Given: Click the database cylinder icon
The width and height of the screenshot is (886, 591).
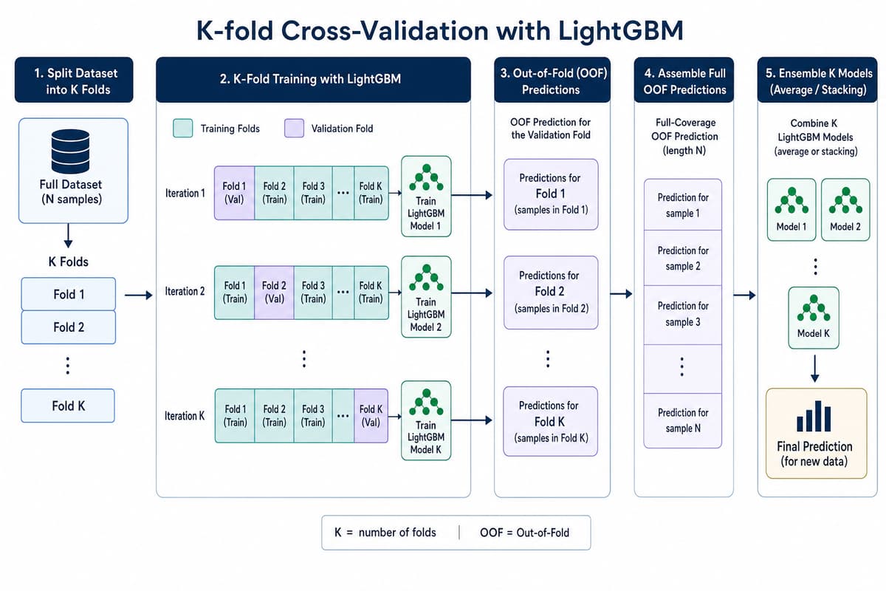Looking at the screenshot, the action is tap(70, 151).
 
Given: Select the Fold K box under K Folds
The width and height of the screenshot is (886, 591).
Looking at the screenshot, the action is tap(68, 406).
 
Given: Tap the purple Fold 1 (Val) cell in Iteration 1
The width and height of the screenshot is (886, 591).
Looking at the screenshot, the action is tap(234, 193).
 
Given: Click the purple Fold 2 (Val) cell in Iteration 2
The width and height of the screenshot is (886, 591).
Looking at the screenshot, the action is tap(274, 293).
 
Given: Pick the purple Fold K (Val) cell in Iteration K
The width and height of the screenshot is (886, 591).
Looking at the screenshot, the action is tap(371, 416).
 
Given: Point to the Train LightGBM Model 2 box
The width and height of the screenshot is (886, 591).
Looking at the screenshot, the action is tap(426, 297).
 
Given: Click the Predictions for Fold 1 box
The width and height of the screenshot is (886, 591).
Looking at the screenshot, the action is tap(551, 194).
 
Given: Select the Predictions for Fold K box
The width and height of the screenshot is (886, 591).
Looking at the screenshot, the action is tap(550, 422).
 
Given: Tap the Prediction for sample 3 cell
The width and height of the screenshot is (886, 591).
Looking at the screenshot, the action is tap(683, 314).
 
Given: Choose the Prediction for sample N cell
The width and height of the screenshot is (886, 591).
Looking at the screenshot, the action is tap(683, 420).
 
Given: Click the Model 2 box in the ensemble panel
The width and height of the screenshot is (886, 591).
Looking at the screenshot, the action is tap(845, 210).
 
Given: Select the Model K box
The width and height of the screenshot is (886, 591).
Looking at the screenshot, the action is tap(813, 318).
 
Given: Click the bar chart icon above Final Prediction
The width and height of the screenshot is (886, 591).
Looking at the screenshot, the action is tap(814, 416).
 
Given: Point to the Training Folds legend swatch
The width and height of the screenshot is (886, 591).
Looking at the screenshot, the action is tap(183, 129).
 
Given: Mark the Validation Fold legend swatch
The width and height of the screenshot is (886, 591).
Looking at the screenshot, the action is tap(295, 129).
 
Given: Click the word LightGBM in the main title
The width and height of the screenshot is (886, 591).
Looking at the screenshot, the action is tap(620, 30).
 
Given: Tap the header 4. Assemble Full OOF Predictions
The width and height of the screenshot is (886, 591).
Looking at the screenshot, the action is tap(684, 81).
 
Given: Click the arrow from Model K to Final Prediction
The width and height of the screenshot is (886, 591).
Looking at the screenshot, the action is tap(814, 369).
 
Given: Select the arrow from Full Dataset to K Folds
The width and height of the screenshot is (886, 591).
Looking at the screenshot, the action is tap(68, 236).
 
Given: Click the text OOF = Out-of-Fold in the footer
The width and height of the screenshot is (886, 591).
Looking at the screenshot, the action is tap(524, 533).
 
